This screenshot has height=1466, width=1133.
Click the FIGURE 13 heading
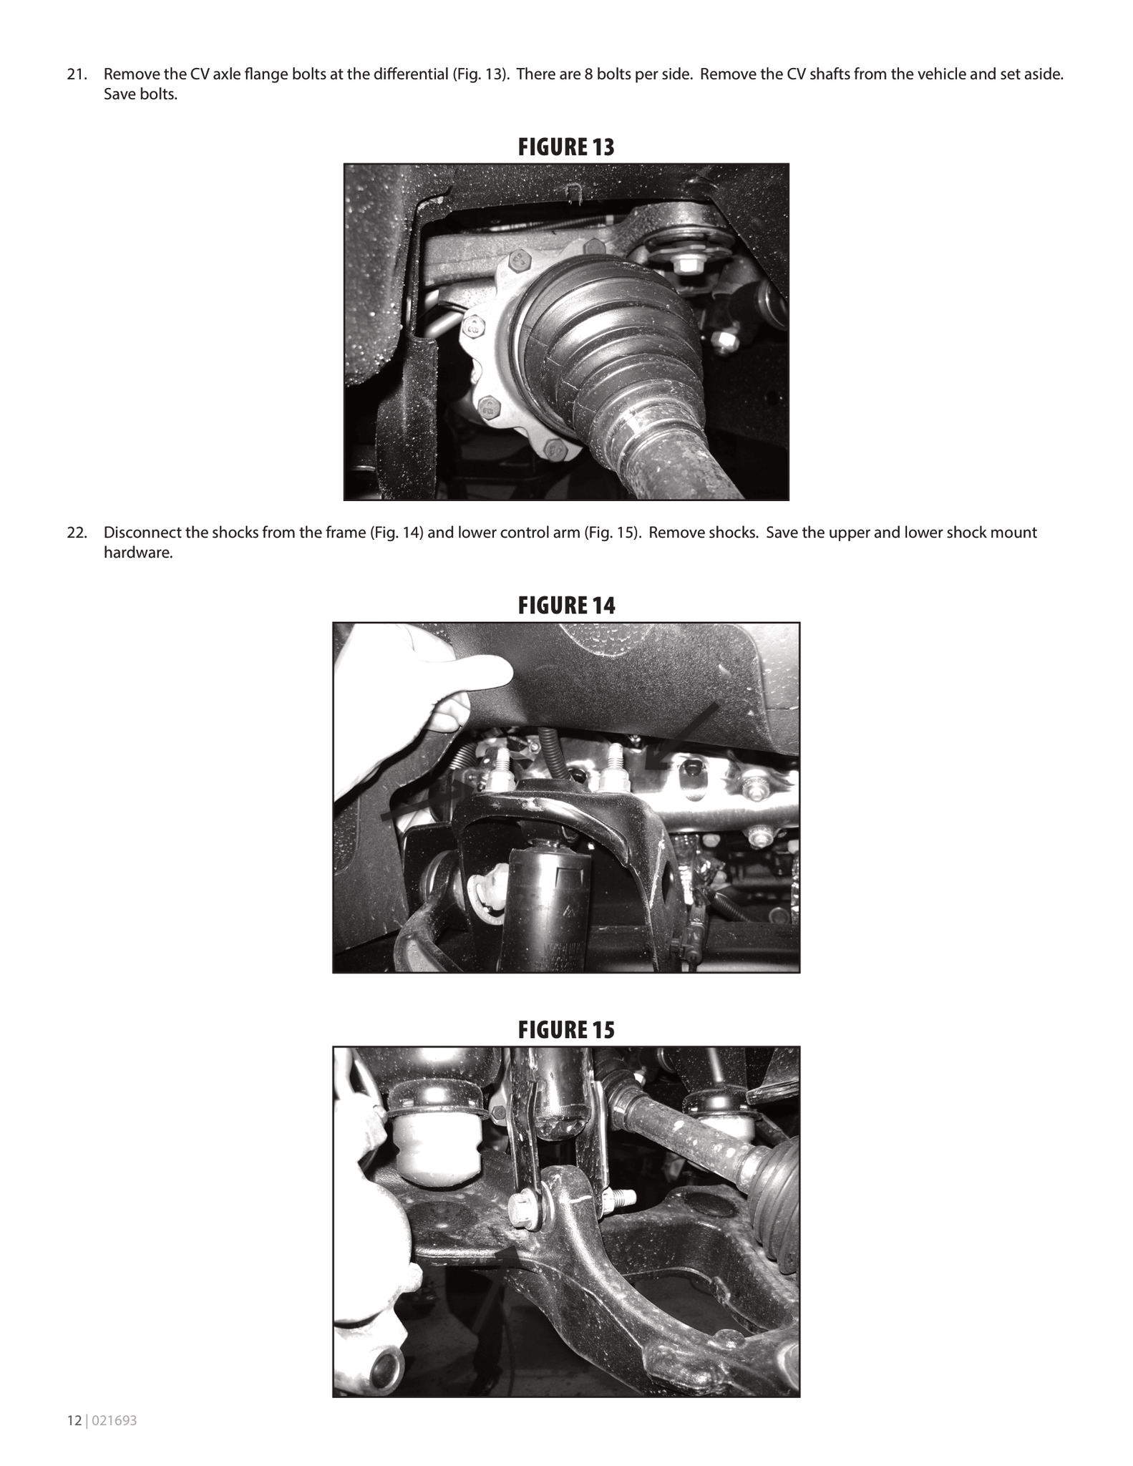[566, 147]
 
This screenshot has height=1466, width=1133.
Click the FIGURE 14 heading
[566, 606]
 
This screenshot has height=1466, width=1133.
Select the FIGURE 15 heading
[566, 1030]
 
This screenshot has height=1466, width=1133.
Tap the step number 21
[76, 74]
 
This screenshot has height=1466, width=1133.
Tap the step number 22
[76, 533]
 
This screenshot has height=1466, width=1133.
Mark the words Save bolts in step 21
[140, 94]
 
